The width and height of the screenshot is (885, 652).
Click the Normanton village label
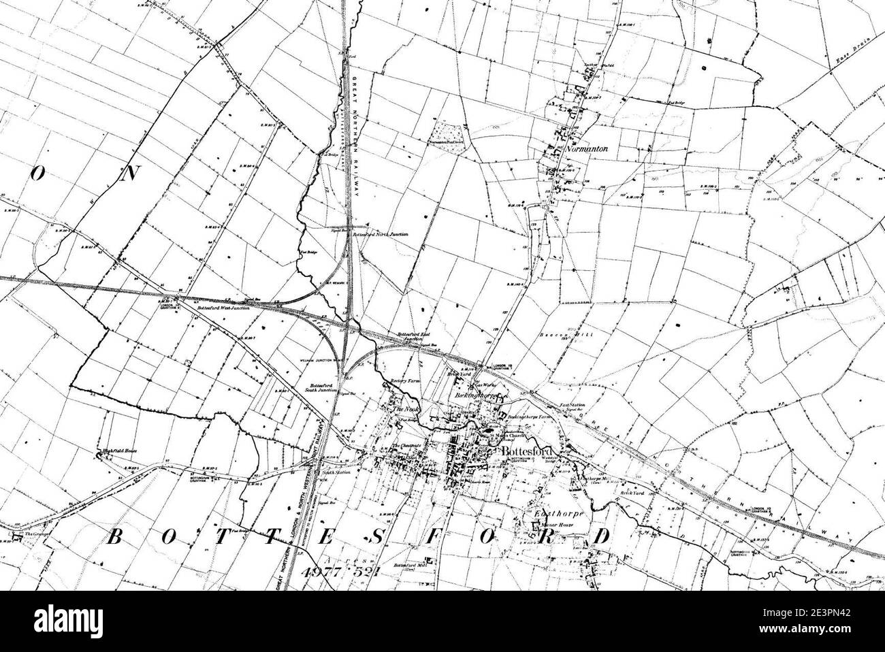coord(581,148)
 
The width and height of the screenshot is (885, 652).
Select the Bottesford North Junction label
coord(381,234)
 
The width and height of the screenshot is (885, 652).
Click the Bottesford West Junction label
coord(220,308)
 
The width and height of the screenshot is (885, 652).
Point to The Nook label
coord(402,409)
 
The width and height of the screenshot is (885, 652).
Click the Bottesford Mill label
coord(413,566)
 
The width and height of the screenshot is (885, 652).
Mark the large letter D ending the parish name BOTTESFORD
coord(600,536)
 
